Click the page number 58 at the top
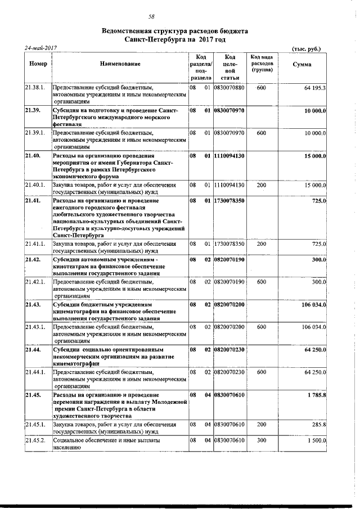pos(151,17)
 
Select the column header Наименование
pos(120,65)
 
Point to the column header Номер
pos(37,65)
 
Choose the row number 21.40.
pos(32,155)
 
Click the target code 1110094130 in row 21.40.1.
pos(229,185)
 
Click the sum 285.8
pos(319,426)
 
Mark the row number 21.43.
pos(32,304)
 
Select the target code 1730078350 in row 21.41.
pos(229,201)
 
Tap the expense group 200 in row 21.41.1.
pos(261,244)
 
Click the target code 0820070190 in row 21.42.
pos(229,259)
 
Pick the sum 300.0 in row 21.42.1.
pos(318,282)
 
